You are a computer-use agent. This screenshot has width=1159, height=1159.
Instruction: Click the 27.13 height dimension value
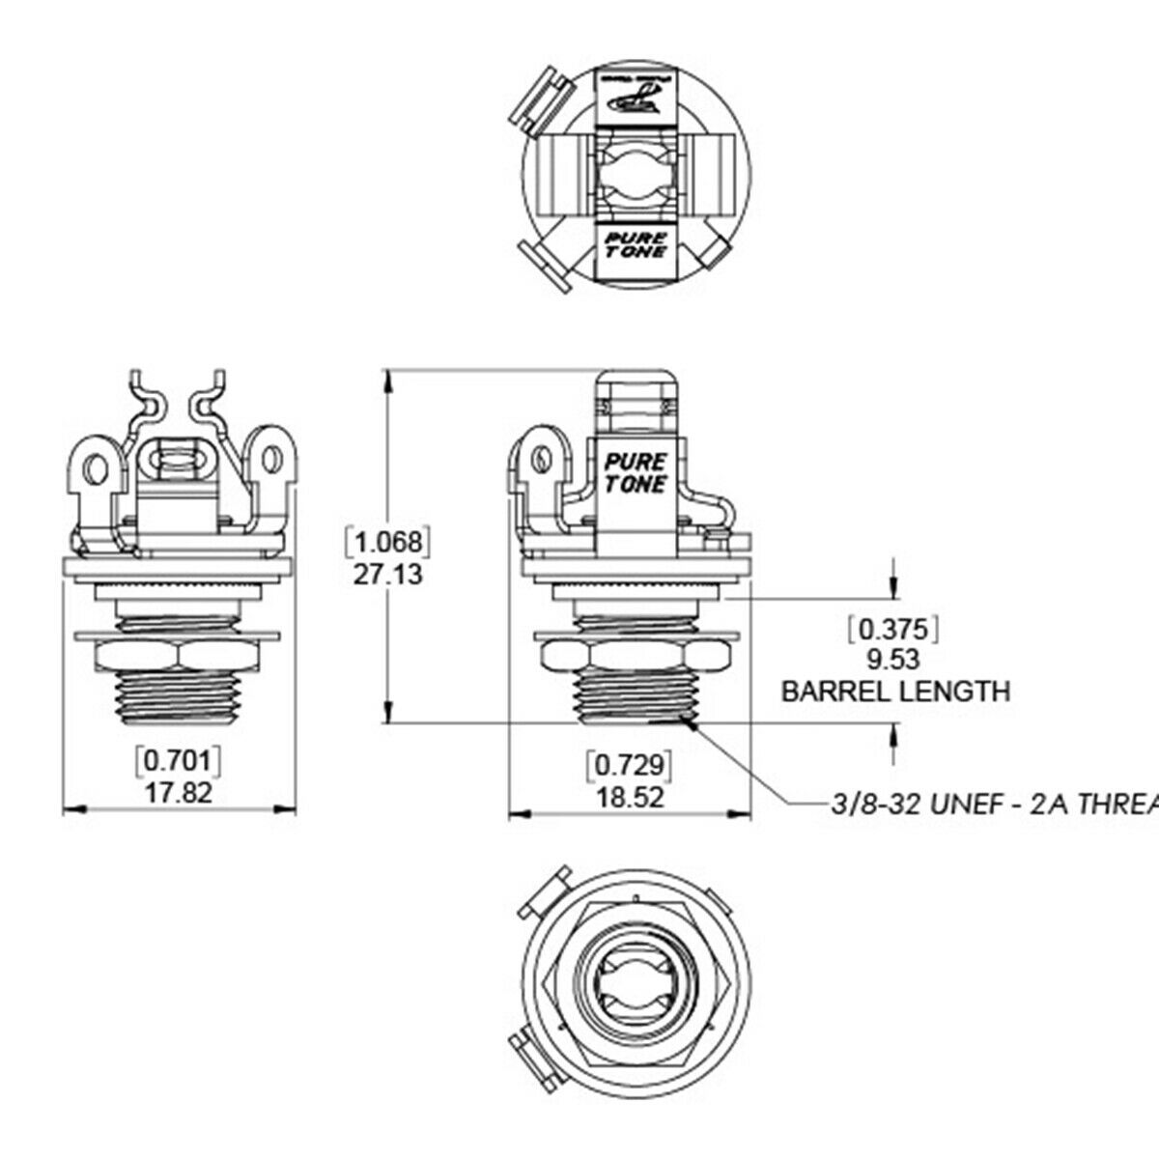[x=386, y=574]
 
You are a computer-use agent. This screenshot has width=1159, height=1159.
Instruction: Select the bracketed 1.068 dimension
[x=386, y=541]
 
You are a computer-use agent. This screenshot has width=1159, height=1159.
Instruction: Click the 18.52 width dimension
[x=630, y=799]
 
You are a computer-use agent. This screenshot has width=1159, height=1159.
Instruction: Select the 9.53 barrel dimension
[x=893, y=660]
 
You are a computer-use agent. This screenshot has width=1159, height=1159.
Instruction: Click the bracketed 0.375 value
[x=893, y=630]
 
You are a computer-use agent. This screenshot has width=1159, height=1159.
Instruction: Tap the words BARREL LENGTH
[x=895, y=692]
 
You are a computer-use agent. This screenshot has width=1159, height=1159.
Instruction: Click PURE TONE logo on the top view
[x=636, y=241]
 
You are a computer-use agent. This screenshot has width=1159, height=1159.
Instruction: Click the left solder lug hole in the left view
[x=95, y=469]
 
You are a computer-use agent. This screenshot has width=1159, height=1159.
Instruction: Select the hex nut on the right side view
[x=635, y=657]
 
